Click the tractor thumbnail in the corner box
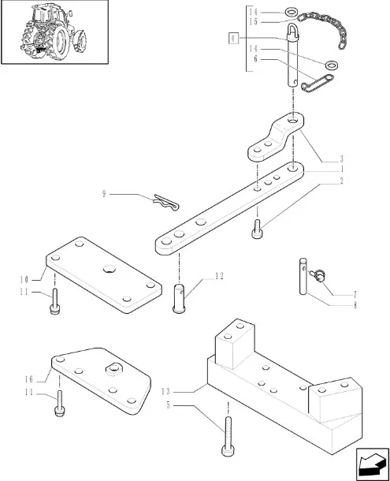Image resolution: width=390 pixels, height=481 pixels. tap(54, 32)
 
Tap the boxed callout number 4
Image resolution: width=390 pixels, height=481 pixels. tap(233, 38)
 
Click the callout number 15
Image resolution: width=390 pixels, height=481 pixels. tap(253, 22)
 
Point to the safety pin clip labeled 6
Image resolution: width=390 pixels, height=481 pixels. tap(318, 83)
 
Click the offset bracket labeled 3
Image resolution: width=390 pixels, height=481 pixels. tap(276, 137)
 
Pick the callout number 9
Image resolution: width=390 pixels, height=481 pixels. tap(104, 194)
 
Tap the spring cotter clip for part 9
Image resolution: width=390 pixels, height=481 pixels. tap(166, 202)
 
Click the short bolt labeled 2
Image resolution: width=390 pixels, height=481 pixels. tap(257, 229)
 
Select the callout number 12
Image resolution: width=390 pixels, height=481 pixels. tap(219, 276)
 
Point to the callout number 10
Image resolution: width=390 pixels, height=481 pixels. tap(24, 279)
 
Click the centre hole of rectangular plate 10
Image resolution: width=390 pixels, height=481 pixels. tap(110, 269)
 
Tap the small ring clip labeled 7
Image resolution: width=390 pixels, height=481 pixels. tap(318, 274)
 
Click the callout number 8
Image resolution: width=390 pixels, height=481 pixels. tap(355, 305)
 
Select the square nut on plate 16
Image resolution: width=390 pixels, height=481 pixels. tap(113, 369)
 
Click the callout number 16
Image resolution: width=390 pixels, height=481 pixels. tap(29, 379)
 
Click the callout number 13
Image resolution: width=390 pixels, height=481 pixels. tap(165, 391)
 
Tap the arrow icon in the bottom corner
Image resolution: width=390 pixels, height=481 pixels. tap(371, 464)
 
